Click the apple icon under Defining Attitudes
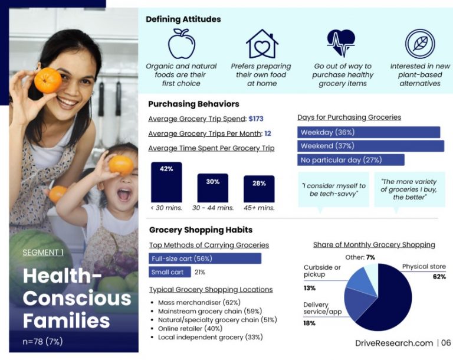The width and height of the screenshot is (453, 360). click(x=181, y=44)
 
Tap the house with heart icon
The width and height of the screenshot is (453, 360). click(x=261, y=44)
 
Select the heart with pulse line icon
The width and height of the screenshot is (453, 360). click(x=342, y=44)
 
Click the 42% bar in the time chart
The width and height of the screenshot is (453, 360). click(x=166, y=182)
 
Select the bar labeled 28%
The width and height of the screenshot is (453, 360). click(x=259, y=189)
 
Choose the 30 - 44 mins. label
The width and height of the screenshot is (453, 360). click(x=213, y=208)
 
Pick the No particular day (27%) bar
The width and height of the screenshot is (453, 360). click(x=351, y=160)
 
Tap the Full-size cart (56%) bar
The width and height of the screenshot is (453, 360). click(x=205, y=258)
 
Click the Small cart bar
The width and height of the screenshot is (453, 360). click(x=170, y=272)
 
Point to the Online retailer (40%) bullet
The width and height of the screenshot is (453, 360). click(x=191, y=328)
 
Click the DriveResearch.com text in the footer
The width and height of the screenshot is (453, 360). click(x=394, y=343)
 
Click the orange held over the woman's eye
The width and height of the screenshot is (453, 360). click(x=47, y=80)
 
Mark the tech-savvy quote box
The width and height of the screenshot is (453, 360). click(x=333, y=189)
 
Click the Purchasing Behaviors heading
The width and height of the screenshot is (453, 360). click(x=193, y=104)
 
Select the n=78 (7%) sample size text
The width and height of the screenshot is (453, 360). click(x=43, y=341)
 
